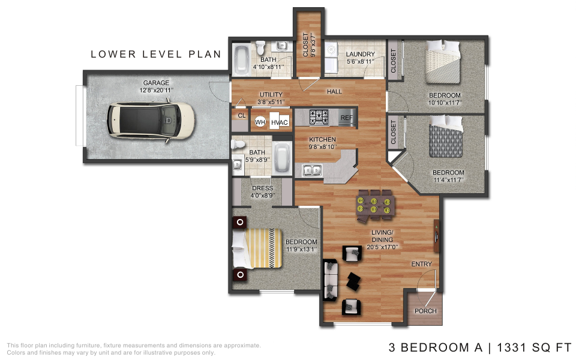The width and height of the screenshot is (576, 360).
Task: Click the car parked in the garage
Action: coord(151,121)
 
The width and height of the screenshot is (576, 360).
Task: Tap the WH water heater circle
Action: coord(260,122)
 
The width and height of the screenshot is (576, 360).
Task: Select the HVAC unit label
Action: coord(280,122)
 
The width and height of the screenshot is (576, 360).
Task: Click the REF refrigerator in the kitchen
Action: coord(346,118)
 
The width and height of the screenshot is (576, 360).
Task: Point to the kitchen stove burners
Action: coord(319,117)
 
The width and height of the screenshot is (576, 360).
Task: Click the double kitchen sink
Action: coord(312,170)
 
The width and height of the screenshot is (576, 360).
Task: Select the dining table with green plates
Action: coord(375,206)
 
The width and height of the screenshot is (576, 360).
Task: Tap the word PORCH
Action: coord(425,311)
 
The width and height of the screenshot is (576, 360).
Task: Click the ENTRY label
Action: coord(421,264)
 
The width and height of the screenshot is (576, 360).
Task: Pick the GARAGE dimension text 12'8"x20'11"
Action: coord(156,90)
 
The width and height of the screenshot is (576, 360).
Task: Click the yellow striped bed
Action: coord(257,248)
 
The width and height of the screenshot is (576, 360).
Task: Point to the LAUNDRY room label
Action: coord(361,54)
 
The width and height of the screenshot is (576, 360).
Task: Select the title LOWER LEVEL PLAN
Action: coord(156,54)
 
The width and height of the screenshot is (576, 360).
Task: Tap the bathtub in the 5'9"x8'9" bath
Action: coord(282,158)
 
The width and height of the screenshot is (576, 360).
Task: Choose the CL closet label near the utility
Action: coord(241,115)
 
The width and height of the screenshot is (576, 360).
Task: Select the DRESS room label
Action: coord(262,188)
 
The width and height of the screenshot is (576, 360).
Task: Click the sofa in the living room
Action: coord(330,280)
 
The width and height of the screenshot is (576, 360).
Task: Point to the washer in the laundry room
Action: coord(331,50)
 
